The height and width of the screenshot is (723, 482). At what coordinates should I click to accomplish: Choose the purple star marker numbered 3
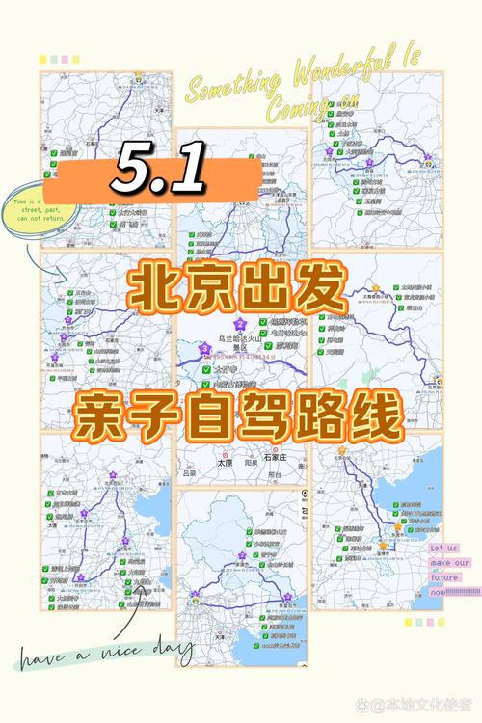pyautogui.click(x=205, y=349)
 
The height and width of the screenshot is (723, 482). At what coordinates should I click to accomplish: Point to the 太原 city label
pyautogui.click(x=225, y=461)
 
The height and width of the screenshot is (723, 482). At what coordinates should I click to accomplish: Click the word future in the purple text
pyautogui.click(x=444, y=578)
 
